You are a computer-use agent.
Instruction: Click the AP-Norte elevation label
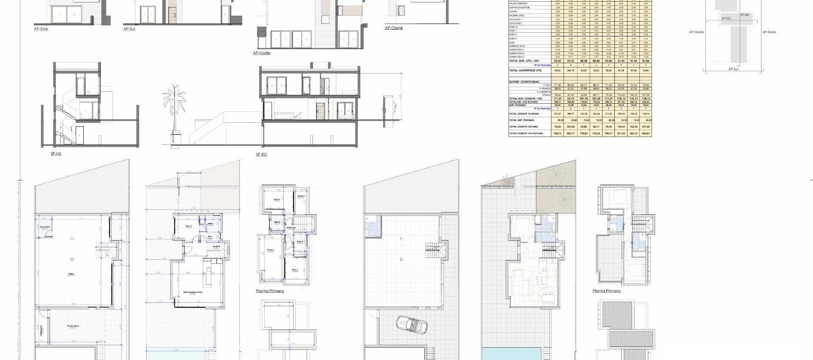click(x=261, y=53)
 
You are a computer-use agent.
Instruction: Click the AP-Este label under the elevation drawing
click(x=41, y=29)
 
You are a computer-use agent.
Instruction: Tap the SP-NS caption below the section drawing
click(x=56, y=154)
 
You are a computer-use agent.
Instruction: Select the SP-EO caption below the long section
click(x=261, y=155)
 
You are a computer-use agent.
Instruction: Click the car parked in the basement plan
click(x=412, y=325)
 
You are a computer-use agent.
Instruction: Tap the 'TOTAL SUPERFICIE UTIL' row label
click(x=525, y=71)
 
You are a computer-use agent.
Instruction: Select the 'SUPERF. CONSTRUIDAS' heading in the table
click(x=524, y=81)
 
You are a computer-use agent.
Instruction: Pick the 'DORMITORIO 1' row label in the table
click(x=517, y=50)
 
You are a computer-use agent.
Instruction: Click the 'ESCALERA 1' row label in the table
click(x=515, y=19)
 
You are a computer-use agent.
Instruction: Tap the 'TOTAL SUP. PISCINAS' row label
click(x=521, y=120)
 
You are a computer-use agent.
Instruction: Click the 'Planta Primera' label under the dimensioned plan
click(x=270, y=291)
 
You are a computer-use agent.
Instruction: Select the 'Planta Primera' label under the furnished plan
click(x=606, y=291)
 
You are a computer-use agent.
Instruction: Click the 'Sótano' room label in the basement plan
click(x=72, y=274)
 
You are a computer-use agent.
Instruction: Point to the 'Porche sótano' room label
click(x=73, y=326)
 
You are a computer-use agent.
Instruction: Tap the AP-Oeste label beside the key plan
click(x=696, y=32)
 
